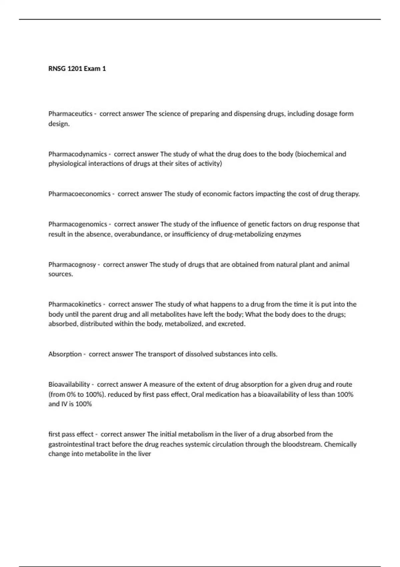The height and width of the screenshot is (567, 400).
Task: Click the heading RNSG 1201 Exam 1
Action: (x=77, y=69)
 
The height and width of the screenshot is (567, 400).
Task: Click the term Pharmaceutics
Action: (x=70, y=114)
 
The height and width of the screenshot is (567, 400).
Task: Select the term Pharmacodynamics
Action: (x=77, y=154)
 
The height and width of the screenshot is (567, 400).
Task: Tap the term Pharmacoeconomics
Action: (x=79, y=194)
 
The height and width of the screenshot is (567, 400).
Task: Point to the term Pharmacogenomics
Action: (x=78, y=224)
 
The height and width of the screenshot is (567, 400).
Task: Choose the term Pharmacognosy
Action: (x=72, y=264)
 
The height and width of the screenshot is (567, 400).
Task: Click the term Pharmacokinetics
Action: (x=75, y=304)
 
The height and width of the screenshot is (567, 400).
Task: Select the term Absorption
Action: (x=65, y=354)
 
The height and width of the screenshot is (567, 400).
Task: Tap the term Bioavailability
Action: (x=69, y=384)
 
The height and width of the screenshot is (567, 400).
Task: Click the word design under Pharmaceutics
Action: (x=59, y=124)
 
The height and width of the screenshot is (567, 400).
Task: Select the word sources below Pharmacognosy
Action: (x=60, y=274)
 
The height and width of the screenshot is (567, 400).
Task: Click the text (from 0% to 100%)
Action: (x=77, y=394)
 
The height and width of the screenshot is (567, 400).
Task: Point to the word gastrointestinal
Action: (x=71, y=444)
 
